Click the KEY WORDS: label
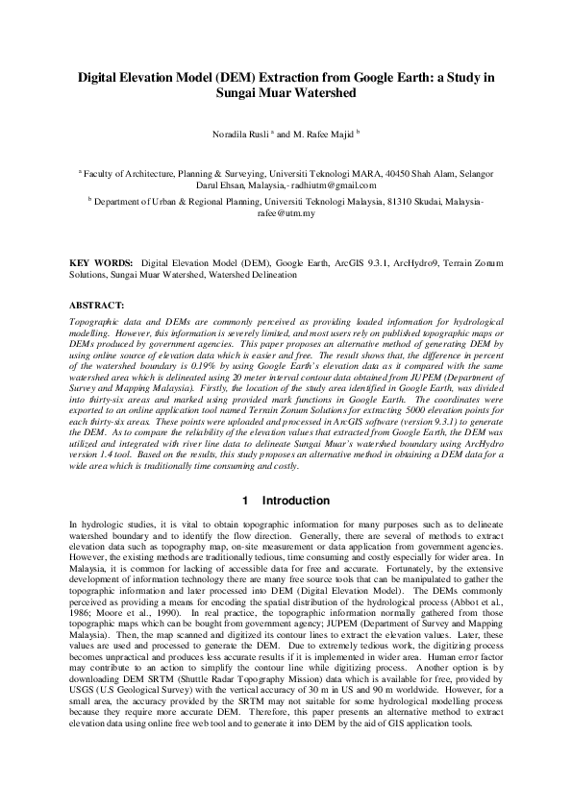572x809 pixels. coord(102,261)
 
